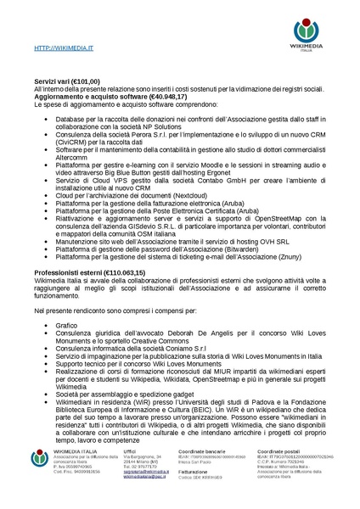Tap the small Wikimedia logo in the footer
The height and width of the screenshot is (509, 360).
point(37,475)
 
